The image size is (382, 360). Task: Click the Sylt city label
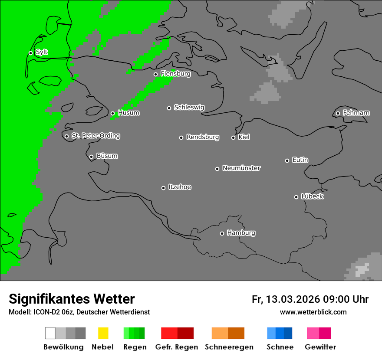(x=42, y=52)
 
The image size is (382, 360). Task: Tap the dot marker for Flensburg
(x=155, y=74)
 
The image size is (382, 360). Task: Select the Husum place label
(x=128, y=113)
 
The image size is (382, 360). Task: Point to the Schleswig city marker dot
(x=169, y=108)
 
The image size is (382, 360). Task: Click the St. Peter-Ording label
(x=95, y=136)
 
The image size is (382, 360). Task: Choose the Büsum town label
(x=107, y=156)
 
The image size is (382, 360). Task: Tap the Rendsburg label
(x=203, y=137)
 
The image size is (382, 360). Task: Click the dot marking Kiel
(x=233, y=137)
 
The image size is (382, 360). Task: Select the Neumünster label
(x=241, y=168)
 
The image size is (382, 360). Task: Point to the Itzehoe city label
(x=180, y=187)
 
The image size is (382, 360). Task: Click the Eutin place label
(x=300, y=160)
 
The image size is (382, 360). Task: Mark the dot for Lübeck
(x=296, y=197)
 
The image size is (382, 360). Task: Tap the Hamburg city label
(x=241, y=233)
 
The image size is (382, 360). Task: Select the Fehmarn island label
(x=356, y=113)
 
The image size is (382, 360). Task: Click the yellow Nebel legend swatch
(x=103, y=333)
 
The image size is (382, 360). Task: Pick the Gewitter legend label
(x=320, y=347)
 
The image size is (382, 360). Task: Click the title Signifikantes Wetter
(x=72, y=299)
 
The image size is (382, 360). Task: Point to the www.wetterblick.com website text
(x=313, y=312)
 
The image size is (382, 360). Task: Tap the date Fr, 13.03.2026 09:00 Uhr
(x=310, y=299)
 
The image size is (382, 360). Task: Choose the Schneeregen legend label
(x=229, y=347)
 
